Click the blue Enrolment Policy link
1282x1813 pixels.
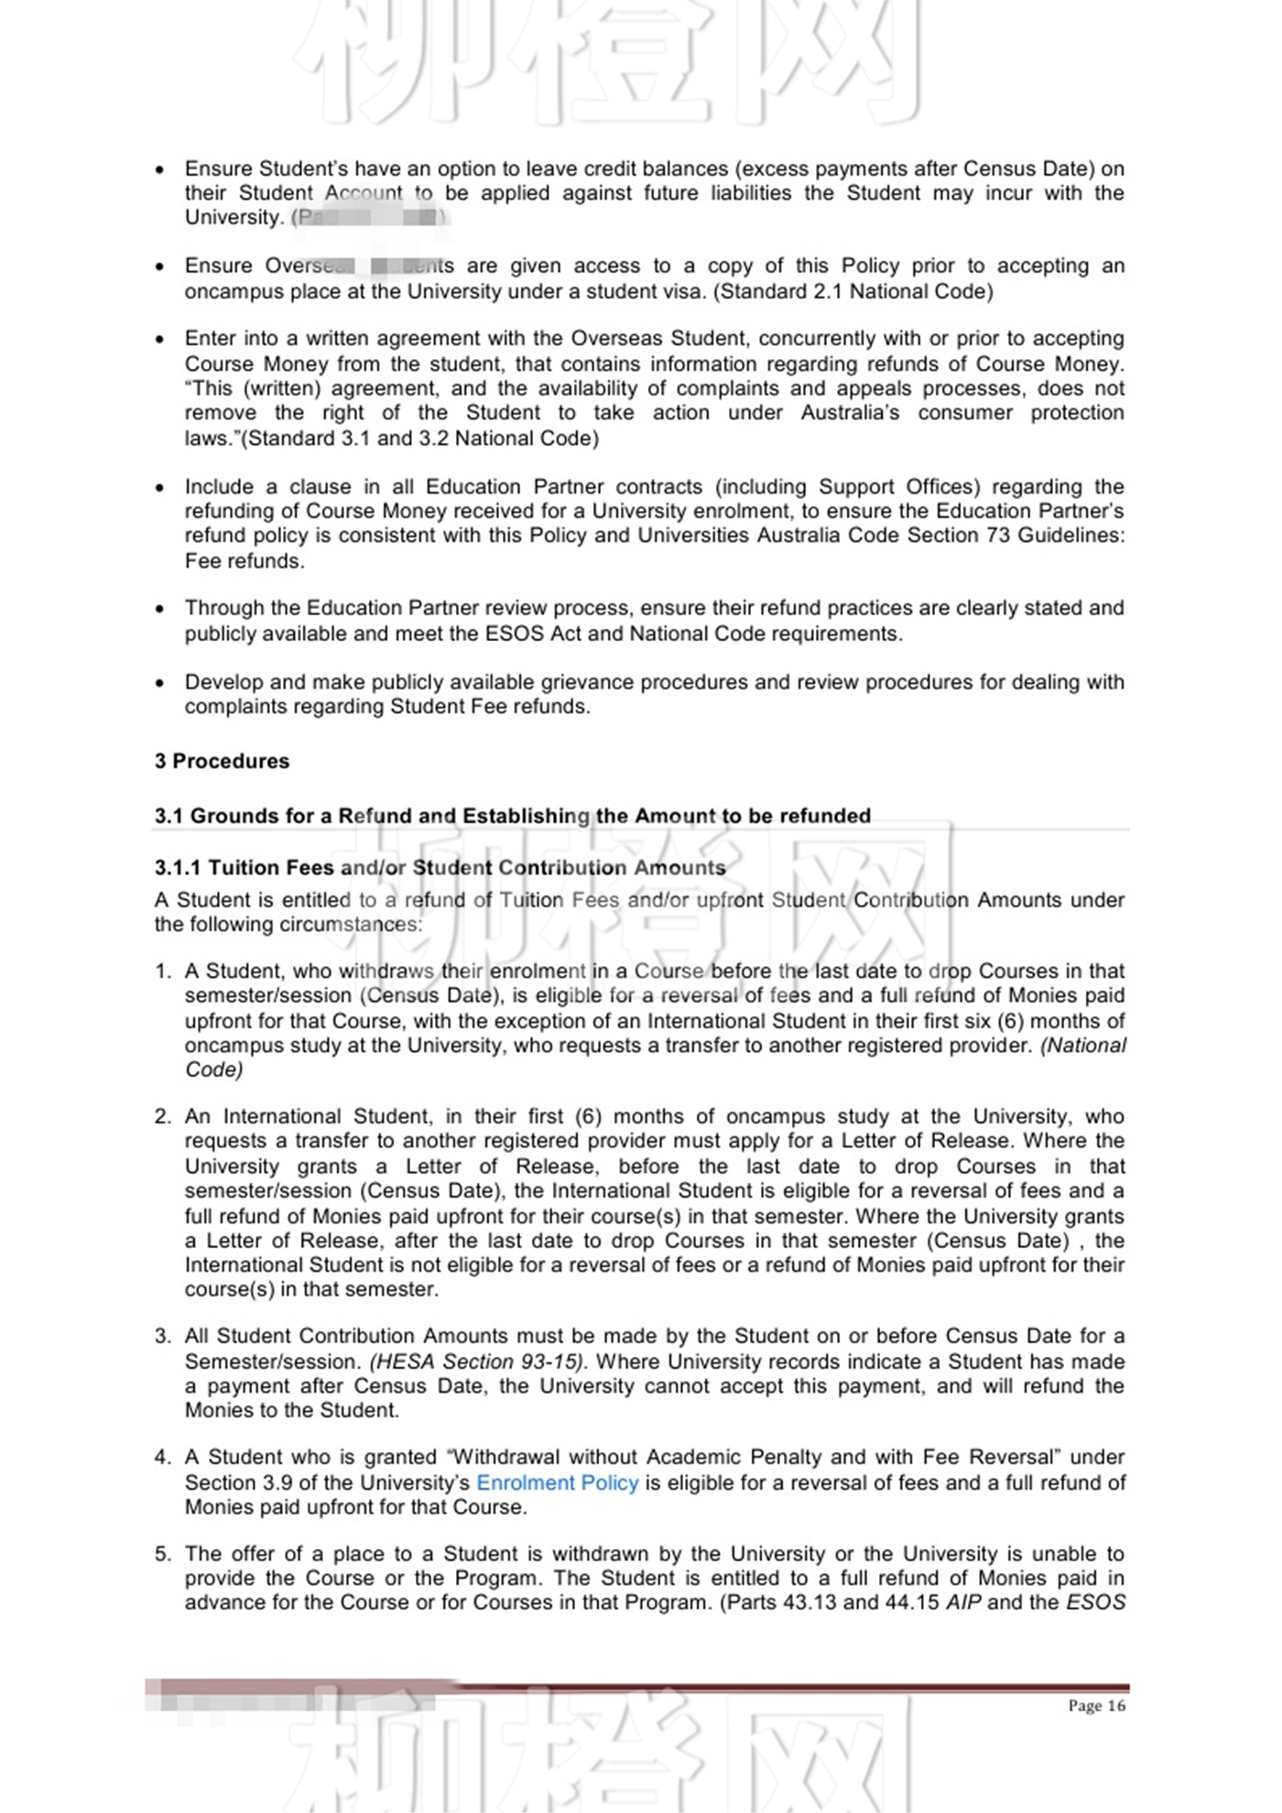click(557, 1482)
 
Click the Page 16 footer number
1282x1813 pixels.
click(1096, 1706)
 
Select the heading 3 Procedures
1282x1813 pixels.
click(222, 761)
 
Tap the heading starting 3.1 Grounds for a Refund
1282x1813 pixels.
click(512, 816)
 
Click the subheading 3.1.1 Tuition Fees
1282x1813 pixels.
click(440, 867)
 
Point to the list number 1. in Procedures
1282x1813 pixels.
click(163, 972)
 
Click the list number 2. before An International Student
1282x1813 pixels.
click(163, 1117)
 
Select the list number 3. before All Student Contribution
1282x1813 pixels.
click(163, 1337)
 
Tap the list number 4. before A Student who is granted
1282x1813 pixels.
click(163, 1458)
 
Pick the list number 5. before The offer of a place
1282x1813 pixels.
click(163, 1554)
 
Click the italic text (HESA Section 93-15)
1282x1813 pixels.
click(476, 1362)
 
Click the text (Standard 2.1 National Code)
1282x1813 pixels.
click(853, 291)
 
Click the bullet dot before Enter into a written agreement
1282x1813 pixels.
click(160, 340)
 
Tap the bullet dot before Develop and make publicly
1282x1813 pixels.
click(160, 683)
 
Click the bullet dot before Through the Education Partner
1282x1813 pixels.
click(160, 609)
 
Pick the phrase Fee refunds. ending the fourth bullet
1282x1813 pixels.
click(244, 560)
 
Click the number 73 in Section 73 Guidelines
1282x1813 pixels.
click(997, 536)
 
